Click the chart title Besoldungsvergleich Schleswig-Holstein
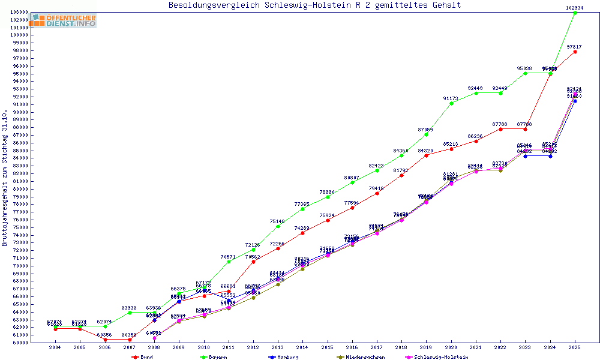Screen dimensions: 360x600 pyautogui.click(x=315, y=5)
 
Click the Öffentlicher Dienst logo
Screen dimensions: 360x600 pyautogui.click(x=64, y=21)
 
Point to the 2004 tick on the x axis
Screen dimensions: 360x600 pyautogui.click(x=55, y=347)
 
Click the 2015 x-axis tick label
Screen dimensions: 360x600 pyautogui.click(x=327, y=347)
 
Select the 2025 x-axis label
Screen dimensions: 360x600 pyautogui.click(x=575, y=347)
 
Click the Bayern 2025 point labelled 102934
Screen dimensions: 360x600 pyautogui.click(x=575, y=13)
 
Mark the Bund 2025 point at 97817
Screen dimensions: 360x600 pyautogui.click(x=575, y=52)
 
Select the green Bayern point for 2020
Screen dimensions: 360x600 pyautogui.click(x=451, y=103)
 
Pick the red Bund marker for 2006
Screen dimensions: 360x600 pyautogui.click(x=104, y=340)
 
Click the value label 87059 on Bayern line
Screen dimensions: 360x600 pyautogui.click(x=425, y=130)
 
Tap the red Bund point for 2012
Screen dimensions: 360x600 pyautogui.click(x=253, y=262)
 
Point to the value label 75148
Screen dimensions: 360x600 pyautogui.click(x=277, y=221)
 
